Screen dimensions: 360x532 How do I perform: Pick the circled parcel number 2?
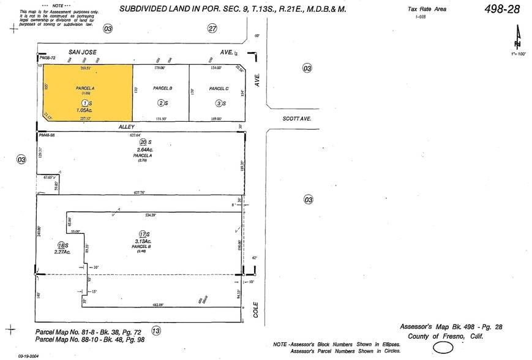162,103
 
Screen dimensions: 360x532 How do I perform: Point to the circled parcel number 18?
62,245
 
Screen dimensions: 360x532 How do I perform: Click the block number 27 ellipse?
212,28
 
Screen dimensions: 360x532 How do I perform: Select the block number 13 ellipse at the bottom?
156,331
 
